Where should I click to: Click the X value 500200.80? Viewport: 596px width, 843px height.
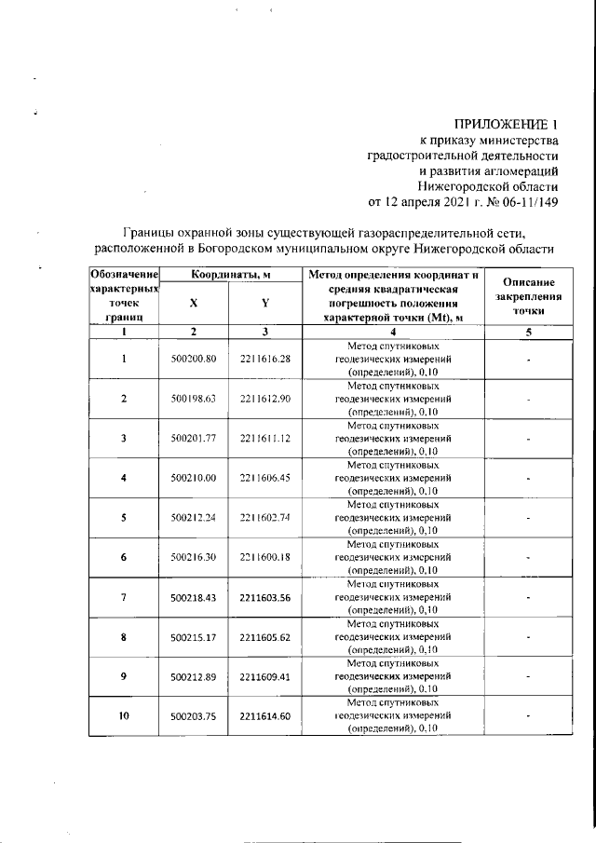click(194, 359)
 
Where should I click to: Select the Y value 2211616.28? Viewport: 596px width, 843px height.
click(265, 359)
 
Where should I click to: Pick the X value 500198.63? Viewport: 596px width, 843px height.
click(194, 399)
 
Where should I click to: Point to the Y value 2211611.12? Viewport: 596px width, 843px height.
click(265, 438)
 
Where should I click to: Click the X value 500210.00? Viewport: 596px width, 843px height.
click(194, 478)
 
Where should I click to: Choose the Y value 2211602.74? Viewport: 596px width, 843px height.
click(265, 518)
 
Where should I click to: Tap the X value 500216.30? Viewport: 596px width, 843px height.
click(194, 557)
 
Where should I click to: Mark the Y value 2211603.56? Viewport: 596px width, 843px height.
click(265, 597)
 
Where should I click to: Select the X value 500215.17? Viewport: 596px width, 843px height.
click(194, 637)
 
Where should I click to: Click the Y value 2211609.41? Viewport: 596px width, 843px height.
click(265, 676)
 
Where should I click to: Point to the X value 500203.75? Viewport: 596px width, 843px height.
click(194, 716)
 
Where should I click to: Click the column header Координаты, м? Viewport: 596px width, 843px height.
click(230, 275)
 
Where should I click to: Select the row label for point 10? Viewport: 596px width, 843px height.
click(124, 716)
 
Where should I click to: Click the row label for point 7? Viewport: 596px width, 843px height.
click(124, 597)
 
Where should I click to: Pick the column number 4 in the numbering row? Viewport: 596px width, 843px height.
click(392, 332)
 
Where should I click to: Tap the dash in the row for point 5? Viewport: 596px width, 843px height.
click(527, 518)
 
